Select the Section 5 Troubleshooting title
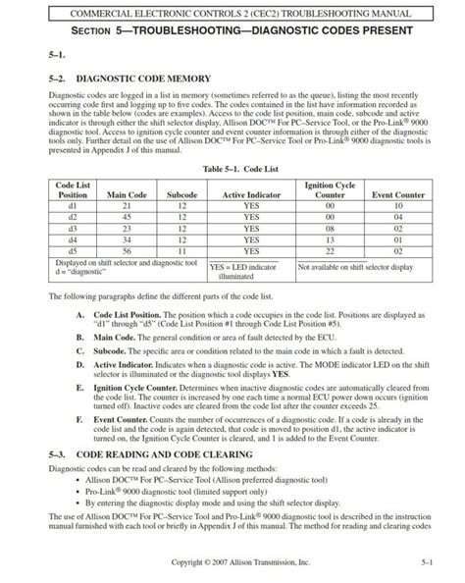tap(232, 32)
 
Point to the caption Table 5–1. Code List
tap(232, 169)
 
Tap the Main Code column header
tap(128, 194)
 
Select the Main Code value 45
tap(128, 216)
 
